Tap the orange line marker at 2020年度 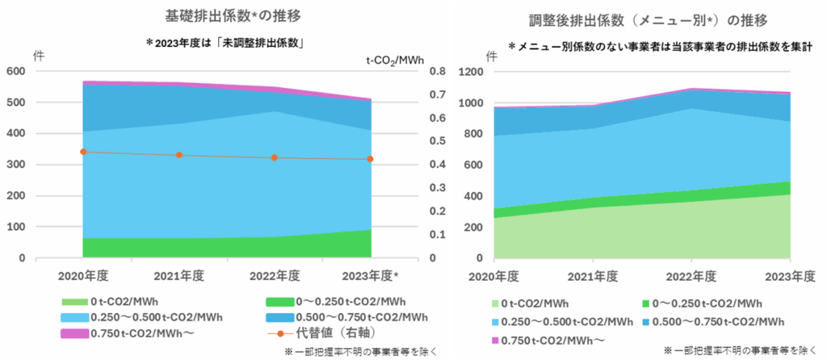coord(84,152)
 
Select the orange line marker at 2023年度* coord(370,159)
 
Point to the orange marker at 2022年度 coord(275,157)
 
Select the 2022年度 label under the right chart coord(691,277)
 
